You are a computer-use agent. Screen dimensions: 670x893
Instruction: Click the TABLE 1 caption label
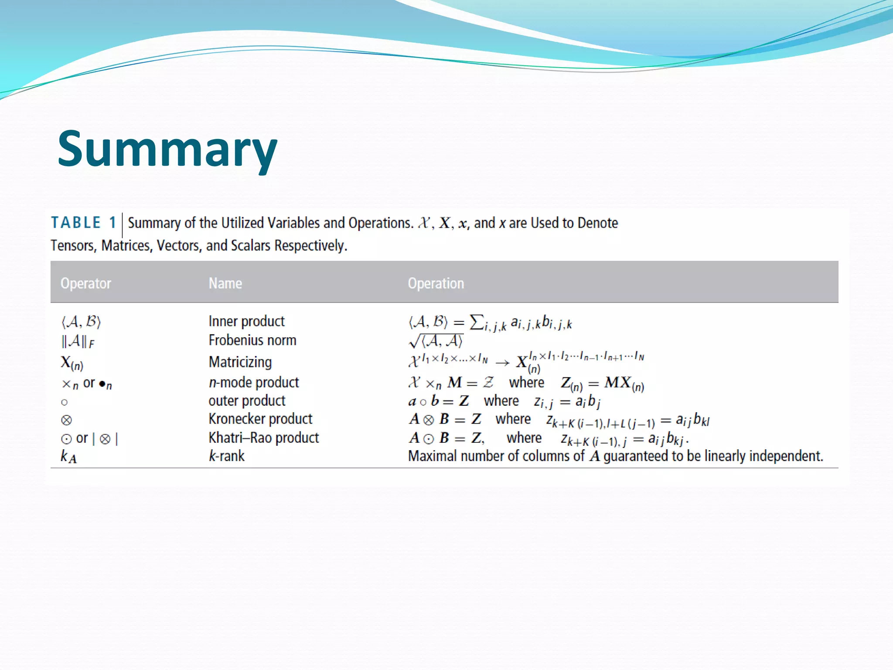[83, 223]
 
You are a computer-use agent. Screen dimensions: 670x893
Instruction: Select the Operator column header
[86, 284]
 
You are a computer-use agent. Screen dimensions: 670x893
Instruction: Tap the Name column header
[225, 284]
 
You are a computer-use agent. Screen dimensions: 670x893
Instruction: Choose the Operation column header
[436, 284]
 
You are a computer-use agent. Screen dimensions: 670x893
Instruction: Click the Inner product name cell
[246, 321]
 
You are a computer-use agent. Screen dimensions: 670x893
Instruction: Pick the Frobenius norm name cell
[252, 340]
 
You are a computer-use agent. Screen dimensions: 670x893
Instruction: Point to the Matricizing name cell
[240, 362]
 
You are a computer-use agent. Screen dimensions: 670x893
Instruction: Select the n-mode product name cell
[254, 383]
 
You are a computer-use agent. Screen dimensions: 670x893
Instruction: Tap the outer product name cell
[247, 401]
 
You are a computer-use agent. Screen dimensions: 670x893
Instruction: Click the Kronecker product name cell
[260, 419]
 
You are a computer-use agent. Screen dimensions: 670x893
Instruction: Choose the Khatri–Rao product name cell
[263, 438]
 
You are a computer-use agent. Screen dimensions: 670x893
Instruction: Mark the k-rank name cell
[226, 456]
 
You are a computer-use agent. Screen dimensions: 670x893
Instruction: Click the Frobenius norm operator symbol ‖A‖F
[78, 341]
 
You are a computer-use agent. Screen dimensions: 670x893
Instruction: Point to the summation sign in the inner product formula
[477, 322]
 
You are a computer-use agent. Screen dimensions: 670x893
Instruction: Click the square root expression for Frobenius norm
[436, 341]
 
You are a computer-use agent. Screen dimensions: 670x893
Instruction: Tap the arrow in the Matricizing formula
[502, 363]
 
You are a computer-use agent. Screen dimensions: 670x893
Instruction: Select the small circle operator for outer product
[65, 402]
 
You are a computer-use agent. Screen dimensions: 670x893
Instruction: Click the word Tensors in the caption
[72, 246]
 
